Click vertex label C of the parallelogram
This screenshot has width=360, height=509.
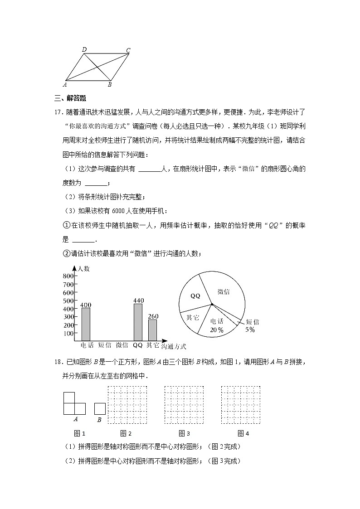pyautogui.click(x=128, y=50)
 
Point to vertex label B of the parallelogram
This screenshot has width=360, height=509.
pyautogui.click(x=110, y=84)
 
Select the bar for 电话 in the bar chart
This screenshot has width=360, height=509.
pyautogui.click(x=86, y=324)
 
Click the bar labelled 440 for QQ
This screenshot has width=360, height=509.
pyautogui.click(x=138, y=322)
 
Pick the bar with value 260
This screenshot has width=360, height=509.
pyautogui.click(x=153, y=330)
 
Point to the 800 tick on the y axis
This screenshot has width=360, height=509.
pyautogui.click(x=68, y=276)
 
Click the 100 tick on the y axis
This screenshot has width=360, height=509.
pyautogui.click(x=68, y=333)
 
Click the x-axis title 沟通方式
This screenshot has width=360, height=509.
pyautogui.click(x=174, y=347)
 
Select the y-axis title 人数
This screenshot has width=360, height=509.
pyautogui.click(x=84, y=269)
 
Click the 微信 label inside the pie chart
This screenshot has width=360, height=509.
pyautogui.click(x=223, y=292)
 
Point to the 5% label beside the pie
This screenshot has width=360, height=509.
pyautogui.click(x=250, y=330)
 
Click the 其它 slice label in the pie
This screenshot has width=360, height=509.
pyautogui.click(x=193, y=317)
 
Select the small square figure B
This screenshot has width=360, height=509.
pyautogui.click(x=100, y=409)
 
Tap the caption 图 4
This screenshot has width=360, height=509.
pyautogui.click(x=243, y=433)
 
